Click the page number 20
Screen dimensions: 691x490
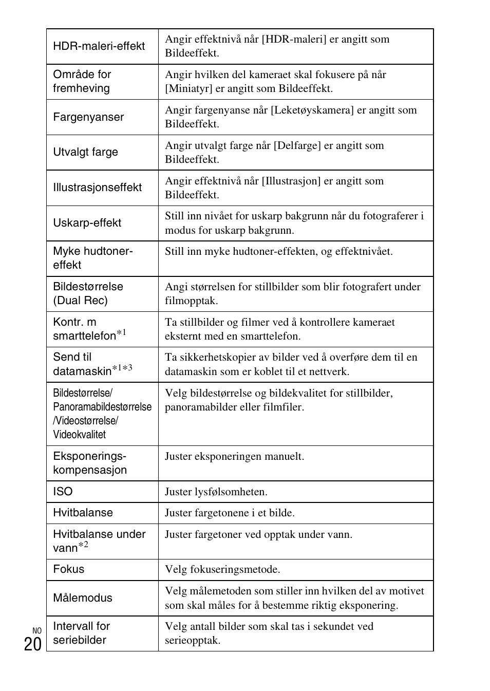(x=32, y=644)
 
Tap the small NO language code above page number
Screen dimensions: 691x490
(x=36, y=631)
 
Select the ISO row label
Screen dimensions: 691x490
(x=63, y=492)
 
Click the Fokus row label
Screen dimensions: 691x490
(x=68, y=569)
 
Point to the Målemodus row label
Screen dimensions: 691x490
(x=82, y=598)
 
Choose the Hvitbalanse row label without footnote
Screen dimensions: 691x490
(x=83, y=513)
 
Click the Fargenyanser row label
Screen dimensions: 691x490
(x=88, y=117)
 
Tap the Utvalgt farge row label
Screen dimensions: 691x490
(x=85, y=153)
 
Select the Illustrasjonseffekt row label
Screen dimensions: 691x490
(x=97, y=188)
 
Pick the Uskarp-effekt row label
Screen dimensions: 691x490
(x=87, y=223)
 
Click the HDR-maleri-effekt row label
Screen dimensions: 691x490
(x=99, y=46)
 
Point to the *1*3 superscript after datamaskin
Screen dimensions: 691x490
(x=122, y=368)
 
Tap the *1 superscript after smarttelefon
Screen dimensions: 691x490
(x=121, y=333)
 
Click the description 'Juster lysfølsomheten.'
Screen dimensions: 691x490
(x=216, y=492)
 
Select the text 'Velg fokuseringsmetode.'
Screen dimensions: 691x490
(x=222, y=569)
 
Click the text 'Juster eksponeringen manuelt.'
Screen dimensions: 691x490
(x=234, y=456)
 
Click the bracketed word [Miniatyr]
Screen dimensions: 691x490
(x=189, y=88)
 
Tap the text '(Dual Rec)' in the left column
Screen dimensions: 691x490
(x=80, y=301)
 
